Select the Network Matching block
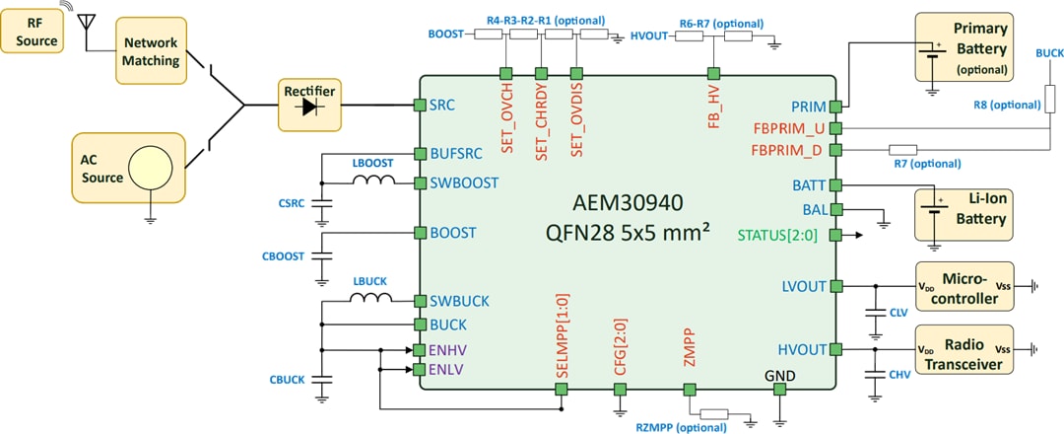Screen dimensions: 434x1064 [x=151, y=49]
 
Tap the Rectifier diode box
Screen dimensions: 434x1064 [x=310, y=104]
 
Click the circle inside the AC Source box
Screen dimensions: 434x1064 [x=156, y=168]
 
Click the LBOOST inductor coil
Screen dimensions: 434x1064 [x=373, y=181]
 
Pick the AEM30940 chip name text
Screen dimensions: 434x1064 [x=628, y=203]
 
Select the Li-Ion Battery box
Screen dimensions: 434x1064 [x=964, y=213]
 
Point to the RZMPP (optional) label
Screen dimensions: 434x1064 [x=680, y=427]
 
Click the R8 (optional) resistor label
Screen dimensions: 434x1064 [x=1003, y=106]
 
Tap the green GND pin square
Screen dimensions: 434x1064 [x=779, y=390]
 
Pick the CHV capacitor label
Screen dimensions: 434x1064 [x=898, y=375]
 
